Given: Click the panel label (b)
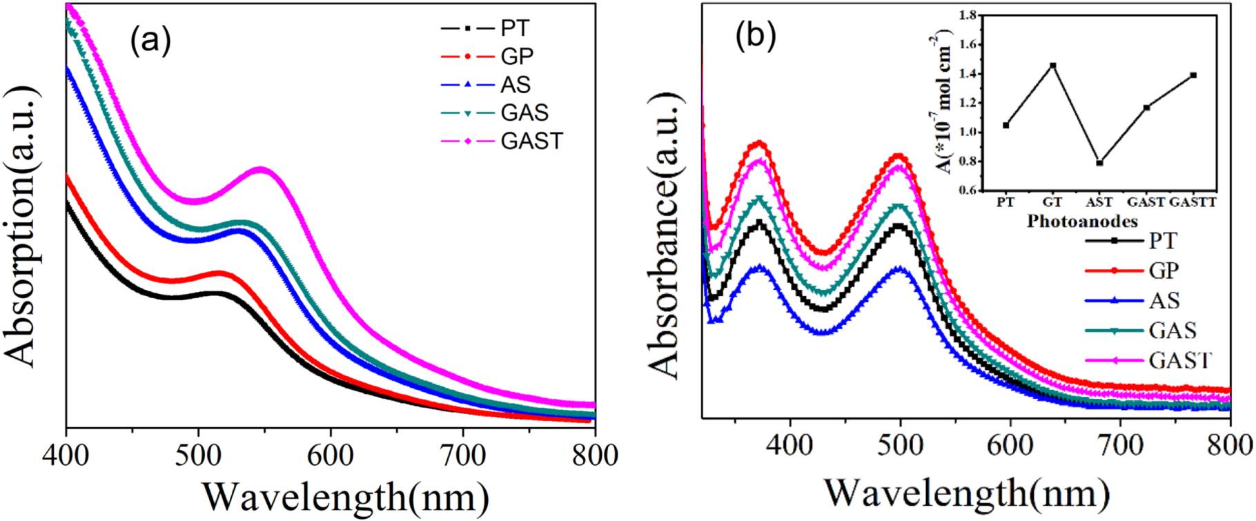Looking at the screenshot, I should (x=756, y=35).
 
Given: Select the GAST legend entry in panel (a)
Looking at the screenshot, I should (x=531, y=141).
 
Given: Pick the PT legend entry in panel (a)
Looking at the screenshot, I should (x=515, y=29).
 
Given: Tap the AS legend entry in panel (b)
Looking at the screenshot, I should (x=1164, y=301).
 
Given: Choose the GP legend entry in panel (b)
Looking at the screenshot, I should (x=1164, y=271).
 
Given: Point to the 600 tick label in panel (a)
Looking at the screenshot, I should (x=331, y=456).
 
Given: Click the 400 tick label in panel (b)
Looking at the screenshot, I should (x=790, y=446).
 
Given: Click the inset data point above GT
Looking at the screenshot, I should (x=1053, y=66).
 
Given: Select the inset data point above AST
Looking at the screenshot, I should (x=1099, y=163).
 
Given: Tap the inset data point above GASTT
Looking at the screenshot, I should (x=1193, y=75).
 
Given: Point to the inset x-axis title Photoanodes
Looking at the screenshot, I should (x=1081, y=222).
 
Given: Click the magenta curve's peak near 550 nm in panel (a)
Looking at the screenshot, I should (x=261, y=168).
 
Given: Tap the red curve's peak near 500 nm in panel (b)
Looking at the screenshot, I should (x=899, y=156).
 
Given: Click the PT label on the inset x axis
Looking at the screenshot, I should (x=1006, y=202).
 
